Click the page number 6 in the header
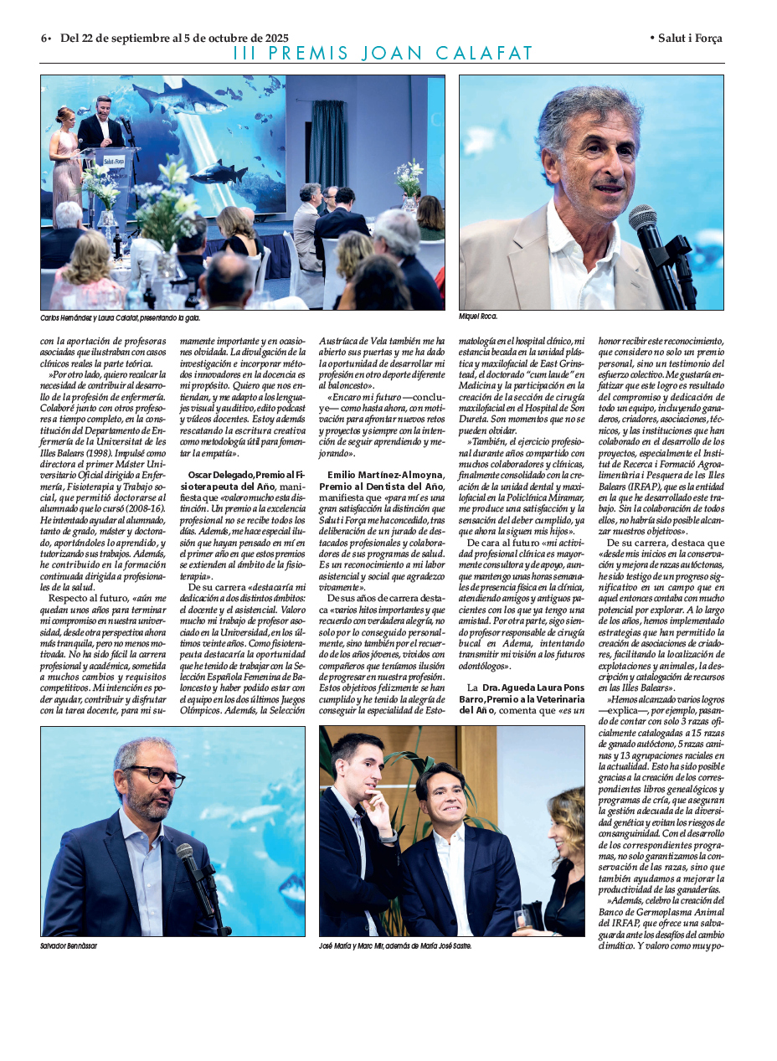(44, 39)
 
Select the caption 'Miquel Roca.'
(478, 317)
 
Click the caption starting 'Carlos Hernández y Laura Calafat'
(121, 318)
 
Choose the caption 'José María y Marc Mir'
(395, 945)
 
